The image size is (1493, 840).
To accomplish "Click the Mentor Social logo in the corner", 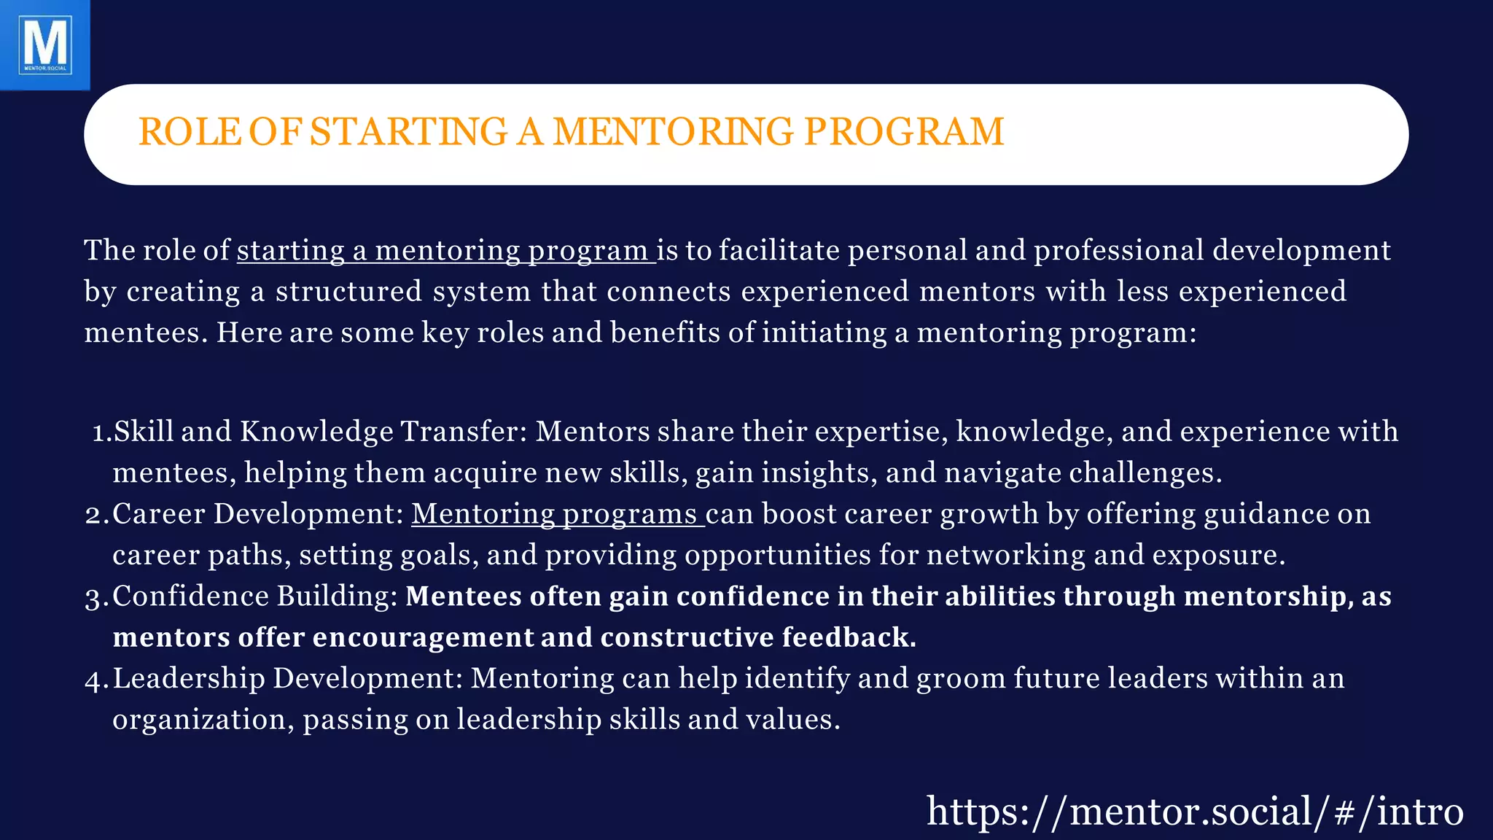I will (x=45, y=45).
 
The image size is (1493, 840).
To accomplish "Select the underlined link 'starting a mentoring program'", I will (x=445, y=251).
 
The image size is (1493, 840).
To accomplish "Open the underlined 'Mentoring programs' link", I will (x=557, y=515).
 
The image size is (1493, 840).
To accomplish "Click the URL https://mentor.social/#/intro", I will (x=1195, y=812).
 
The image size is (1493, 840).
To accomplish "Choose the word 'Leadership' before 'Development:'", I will (x=189, y=679).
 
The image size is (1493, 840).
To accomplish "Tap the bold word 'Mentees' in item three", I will (x=464, y=596).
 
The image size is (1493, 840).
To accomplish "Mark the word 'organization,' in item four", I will (x=203, y=720).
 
